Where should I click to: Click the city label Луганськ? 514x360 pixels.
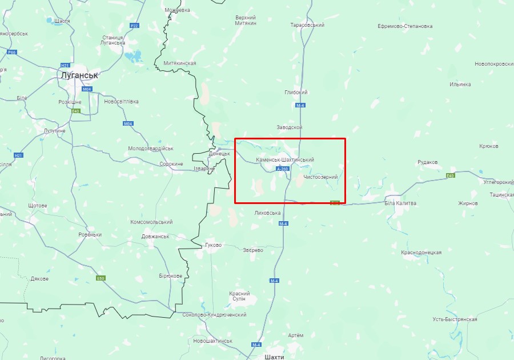tap(79, 75)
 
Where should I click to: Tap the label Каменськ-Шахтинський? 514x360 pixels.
tap(285, 159)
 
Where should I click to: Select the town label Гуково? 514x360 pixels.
tap(213, 245)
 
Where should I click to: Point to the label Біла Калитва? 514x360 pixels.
tap(400, 203)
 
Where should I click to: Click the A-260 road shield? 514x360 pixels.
tap(282, 169)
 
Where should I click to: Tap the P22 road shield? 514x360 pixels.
tap(134, 26)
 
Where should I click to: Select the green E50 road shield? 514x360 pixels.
tap(101, 278)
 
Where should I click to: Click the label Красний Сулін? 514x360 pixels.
tap(239, 296)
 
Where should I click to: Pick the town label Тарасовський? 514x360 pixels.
tap(307, 25)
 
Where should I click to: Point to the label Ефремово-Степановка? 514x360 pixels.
tap(405, 26)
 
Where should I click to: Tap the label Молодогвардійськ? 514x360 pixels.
tap(150, 148)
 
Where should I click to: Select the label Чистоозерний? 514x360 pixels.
tap(320, 177)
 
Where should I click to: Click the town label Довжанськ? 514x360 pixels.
tap(155, 236)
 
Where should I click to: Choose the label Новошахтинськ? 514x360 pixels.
tap(212, 341)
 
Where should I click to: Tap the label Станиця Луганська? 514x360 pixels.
tap(113, 40)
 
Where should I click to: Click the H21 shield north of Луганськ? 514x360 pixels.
tap(65, 65)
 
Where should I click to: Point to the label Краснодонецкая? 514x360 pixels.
tap(421, 252)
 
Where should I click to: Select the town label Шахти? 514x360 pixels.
tap(275, 356)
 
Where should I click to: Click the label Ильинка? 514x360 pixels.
tap(460, 84)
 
